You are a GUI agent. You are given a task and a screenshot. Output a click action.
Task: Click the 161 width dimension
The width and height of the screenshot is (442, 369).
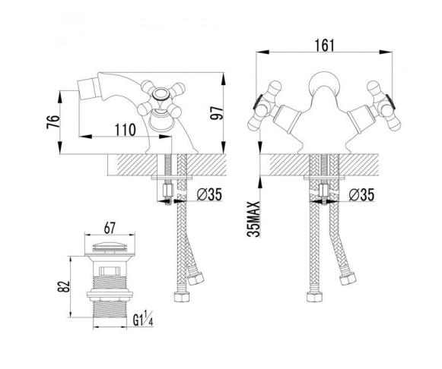click(324, 46)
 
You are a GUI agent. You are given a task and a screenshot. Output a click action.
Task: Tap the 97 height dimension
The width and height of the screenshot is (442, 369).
click(218, 113)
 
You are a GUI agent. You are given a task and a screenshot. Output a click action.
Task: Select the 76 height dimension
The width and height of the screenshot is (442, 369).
click(53, 121)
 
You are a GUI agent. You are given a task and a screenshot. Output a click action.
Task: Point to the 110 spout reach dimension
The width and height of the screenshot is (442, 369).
click(126, 130)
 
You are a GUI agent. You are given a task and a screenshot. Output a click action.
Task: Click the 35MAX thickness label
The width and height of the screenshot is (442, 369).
click(253, 219)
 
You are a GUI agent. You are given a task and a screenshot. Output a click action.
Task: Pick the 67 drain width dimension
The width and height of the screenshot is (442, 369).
click(110, 228)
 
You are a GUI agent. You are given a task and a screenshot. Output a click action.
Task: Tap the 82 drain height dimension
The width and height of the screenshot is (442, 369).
click(64, 286)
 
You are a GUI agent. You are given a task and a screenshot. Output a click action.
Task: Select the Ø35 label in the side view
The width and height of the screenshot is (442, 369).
click(209, 194)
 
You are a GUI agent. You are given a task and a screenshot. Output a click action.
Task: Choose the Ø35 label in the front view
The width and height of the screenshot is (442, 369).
click(361, 194)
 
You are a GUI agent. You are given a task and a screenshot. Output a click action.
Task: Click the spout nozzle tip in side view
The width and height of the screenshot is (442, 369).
click(87, 89)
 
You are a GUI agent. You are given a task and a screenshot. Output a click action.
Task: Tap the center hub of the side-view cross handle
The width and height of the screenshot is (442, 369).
click(161, 94)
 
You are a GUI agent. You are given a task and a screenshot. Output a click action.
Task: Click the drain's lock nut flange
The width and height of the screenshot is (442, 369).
click(110, 294)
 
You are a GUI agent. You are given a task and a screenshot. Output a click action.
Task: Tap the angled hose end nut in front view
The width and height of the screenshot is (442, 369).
click(348, 279)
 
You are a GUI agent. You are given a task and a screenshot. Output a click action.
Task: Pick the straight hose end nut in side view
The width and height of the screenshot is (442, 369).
click(182, 297)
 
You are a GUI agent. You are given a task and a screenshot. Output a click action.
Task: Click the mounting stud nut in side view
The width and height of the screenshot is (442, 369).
click(167, 191)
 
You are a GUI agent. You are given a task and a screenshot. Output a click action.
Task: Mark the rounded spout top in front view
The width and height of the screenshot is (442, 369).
click(324, 83)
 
